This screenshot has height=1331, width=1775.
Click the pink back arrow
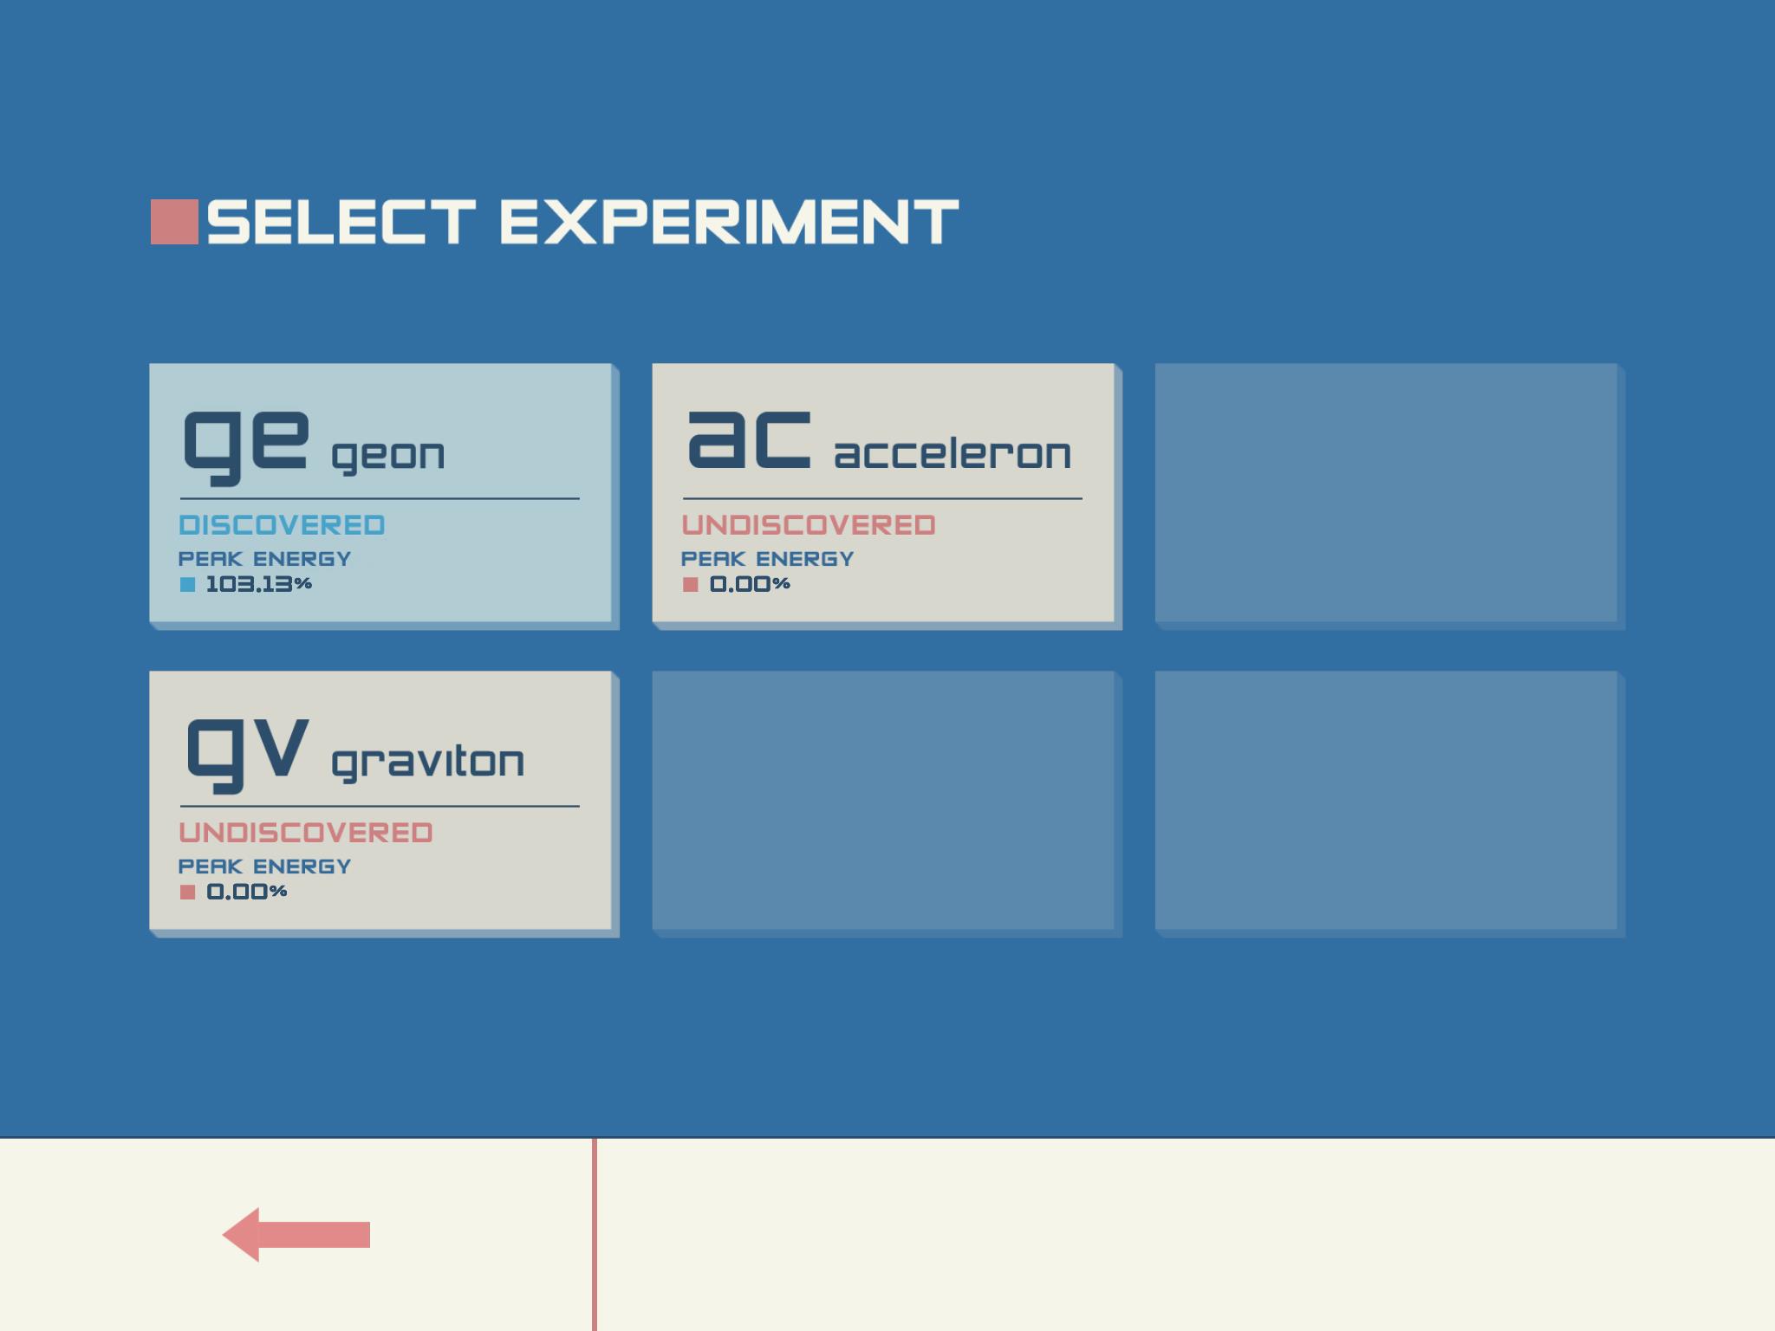(296, 1235)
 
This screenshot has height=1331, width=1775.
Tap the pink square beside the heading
(174, 222)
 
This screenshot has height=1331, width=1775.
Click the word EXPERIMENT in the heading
(729, 222)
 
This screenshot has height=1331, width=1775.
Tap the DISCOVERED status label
(282, 525)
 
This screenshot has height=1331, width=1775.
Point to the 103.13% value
(258, 584)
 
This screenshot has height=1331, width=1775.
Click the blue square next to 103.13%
(187, 585)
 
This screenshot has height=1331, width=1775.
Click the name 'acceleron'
(953, 453)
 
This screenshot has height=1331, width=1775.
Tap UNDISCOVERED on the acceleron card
(809, 525)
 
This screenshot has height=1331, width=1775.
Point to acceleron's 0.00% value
(750, 584)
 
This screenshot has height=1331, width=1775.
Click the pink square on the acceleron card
(690, 585)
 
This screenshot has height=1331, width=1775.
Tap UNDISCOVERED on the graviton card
(306, 833)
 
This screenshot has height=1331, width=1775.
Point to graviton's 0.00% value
(247, 892)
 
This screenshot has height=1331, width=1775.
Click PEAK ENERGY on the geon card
(264, 559)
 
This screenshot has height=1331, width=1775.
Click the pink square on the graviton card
(187, 893)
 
